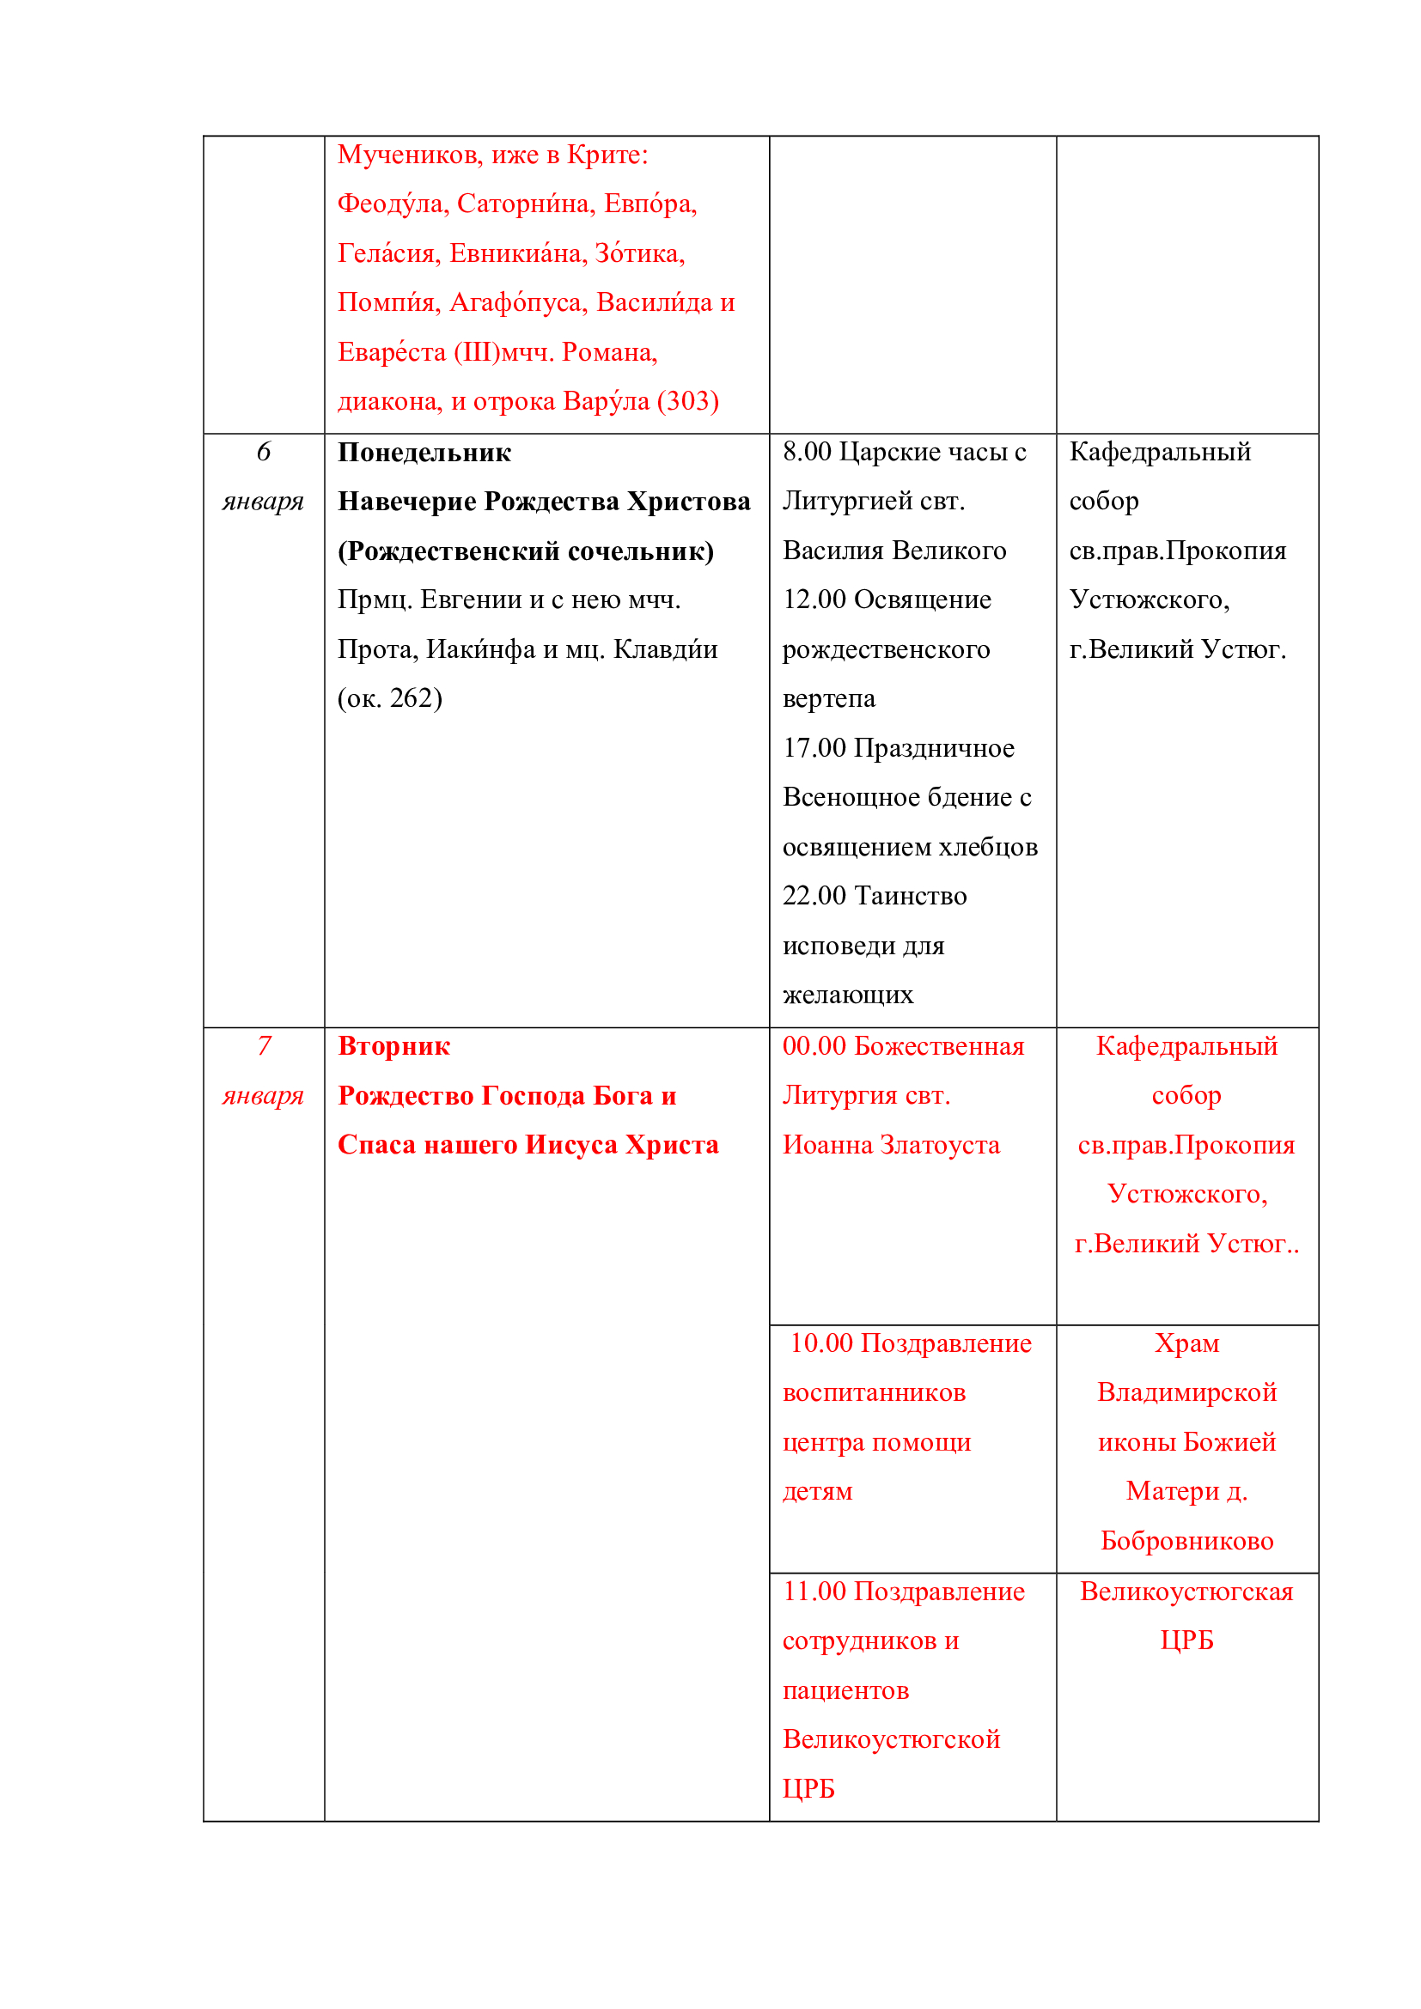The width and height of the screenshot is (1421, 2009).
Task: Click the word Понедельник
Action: [x=424, y=453]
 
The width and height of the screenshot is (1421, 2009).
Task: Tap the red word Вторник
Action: [x=393, y=1046]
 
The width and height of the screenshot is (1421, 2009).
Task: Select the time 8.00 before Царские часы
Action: [x=807, y=452]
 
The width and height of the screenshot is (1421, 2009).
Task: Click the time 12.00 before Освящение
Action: [x=814, y=600]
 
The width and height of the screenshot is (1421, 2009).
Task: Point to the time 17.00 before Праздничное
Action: [x=814, y=748]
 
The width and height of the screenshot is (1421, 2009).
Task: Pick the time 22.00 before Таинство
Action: [x=814, y=896]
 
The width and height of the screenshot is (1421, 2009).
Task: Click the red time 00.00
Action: [x=814, y=1046]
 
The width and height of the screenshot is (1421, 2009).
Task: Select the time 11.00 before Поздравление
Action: [x=814, y=1591]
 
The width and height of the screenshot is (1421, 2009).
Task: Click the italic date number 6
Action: [x=264, y=452]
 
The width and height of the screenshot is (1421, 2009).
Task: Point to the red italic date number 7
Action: [x=264, y=1045]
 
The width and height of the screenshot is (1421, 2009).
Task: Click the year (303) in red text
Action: [x=688, y=401]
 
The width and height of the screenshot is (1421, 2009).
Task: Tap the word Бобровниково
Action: [x=1186, y=1541]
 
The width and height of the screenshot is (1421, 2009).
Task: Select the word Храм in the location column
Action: [x=1186, y=1343]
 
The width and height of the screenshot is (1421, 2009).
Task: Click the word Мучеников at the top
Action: [x=411, y=155]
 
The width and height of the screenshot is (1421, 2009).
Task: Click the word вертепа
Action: [x=828, y=698]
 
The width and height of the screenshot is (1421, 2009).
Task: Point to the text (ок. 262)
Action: [x=390, y=698]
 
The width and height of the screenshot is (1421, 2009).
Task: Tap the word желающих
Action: [x=847, y=995]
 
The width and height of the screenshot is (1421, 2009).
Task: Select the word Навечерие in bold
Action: [x=407, y=502]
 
